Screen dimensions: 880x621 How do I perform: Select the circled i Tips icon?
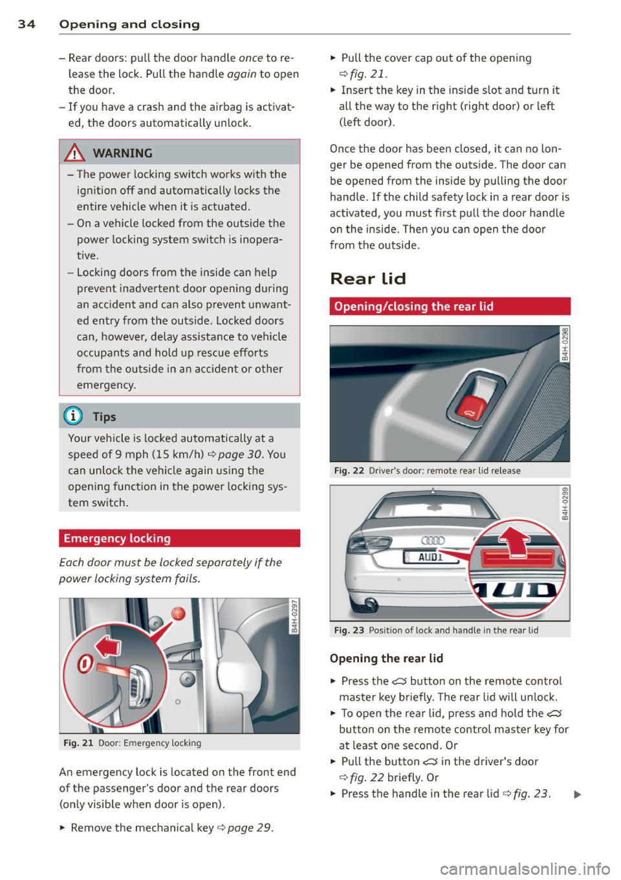[x=76, y=416]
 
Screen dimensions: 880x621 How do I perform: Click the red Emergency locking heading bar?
[x=179, y=538]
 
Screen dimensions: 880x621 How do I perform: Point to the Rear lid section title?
[x=367, y=279]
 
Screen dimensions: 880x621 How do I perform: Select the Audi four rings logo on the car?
[x=433, y=541]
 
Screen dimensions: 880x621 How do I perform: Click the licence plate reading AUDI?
[x=430, y=557]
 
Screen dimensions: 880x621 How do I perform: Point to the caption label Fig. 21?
[x=78, y=743]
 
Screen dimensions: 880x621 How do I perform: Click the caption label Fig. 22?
[x=349, y=471]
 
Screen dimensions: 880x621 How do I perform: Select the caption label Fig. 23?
[x=349, y=630]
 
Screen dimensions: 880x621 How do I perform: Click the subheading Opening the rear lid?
[x=386, y=658]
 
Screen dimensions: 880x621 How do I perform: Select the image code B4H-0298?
[x=565, y=344]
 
